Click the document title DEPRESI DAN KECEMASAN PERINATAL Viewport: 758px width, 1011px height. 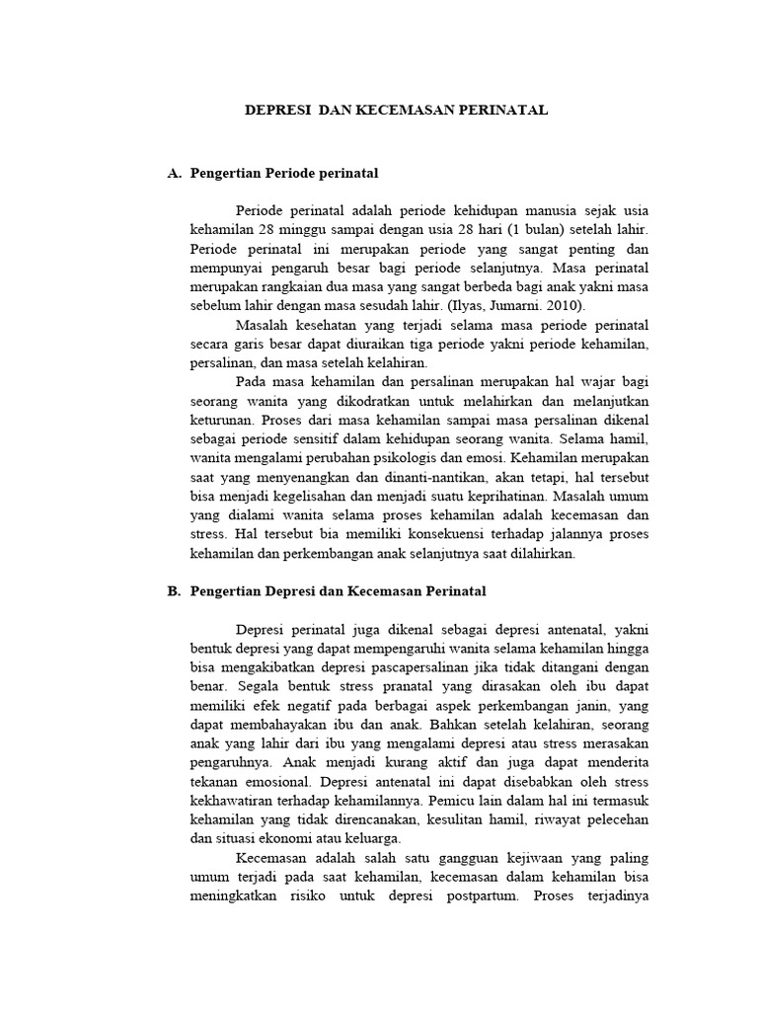tap(396, 111)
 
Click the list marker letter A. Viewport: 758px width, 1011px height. tap(174, 173)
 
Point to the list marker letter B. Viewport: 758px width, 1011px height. tap(174, 590)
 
